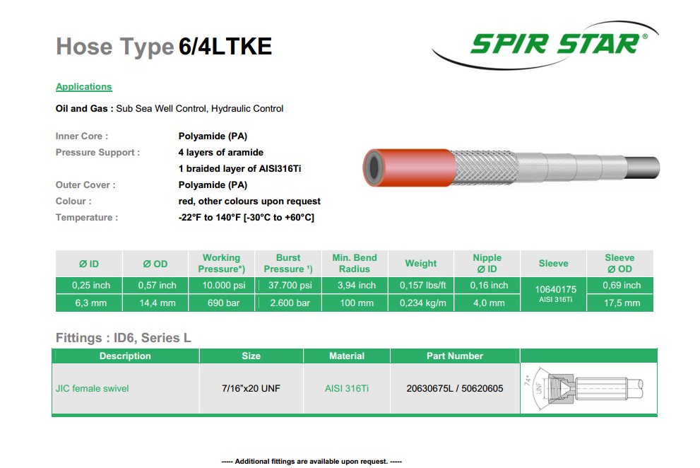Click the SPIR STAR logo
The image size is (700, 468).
(545, 45)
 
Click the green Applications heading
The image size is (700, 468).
(83, 87)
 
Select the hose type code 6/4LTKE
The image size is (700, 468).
(225, 47)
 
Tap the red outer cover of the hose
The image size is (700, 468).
(410, 168)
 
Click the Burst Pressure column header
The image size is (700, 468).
(288, 263)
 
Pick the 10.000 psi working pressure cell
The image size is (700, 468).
(224, 285)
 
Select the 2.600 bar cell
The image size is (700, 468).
(290, 303)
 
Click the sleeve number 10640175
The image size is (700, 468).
(555, 289)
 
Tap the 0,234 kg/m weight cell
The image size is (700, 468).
(422, 303)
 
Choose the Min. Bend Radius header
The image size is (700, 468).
(355, 263)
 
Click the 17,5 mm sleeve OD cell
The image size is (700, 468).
(622, 303)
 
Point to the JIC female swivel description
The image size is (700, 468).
(92, 388)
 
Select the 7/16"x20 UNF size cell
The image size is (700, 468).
(251, 388)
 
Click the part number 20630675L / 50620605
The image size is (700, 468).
(454, 388)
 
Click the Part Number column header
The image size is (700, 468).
(454, 356)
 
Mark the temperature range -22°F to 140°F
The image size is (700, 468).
(247, 217)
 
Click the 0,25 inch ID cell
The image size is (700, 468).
(90, 285)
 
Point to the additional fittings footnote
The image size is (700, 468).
(312, 462)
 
